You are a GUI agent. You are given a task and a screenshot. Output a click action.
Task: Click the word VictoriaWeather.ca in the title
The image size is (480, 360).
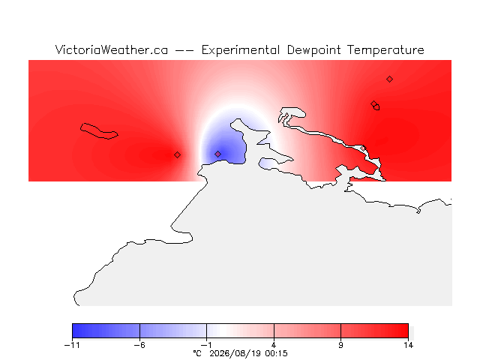pyautogui.click(x=112, y=50)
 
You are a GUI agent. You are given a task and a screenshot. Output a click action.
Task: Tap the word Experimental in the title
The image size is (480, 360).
pyautogui.click(x=241, y=50)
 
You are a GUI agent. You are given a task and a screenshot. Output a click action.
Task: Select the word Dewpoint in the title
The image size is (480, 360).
pyautogui.click(x=313, y=50)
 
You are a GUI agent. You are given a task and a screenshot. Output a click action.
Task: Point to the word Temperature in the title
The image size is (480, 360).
pyautogui.click(x=385, y=50)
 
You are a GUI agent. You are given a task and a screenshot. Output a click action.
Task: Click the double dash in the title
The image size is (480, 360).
pyautogui.click(x=184, y=50)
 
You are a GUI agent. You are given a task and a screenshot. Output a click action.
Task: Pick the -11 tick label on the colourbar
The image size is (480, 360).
pyautogui.click(x=72, y=345)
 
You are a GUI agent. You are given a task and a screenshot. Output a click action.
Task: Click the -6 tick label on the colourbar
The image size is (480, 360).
pyautogui.click(x=139, y=345)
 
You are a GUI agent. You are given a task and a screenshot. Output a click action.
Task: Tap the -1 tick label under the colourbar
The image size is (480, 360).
pyautogui.click(x=206, y=345)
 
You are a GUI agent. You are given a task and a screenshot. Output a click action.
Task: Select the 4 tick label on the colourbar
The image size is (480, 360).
pyautogui.click(x=274, y=345)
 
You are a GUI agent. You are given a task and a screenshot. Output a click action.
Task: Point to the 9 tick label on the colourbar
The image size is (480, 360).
pyautogui.click(x=340, y=345)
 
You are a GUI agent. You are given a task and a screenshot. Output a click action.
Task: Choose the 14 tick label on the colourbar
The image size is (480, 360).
pyautogui.click(x=408, y=345)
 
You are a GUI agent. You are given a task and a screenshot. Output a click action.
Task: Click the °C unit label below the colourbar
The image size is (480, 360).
pyautogui.click(x=197, y=353)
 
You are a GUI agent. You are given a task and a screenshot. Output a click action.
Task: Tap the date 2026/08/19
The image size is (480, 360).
pyautogui.click(x=235, y=353)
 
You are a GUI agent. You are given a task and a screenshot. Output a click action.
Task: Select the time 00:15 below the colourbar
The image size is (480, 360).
pyautogui.click(x=277, y=353)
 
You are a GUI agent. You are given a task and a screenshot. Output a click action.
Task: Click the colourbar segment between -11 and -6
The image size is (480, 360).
pyautogui.click(x=106, y=331)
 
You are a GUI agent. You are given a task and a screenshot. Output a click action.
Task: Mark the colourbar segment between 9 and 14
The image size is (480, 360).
pyautogui.click(x=374, y=331)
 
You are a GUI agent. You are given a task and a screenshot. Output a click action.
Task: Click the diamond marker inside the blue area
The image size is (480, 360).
pyautogui.click(x=217, y=154)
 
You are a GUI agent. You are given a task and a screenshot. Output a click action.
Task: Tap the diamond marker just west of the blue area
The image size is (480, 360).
pyautogui.click(x=177, y=155)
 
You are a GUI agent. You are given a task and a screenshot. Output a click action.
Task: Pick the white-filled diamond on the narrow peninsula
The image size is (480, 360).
pyautogui.click(x=363, y=148)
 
